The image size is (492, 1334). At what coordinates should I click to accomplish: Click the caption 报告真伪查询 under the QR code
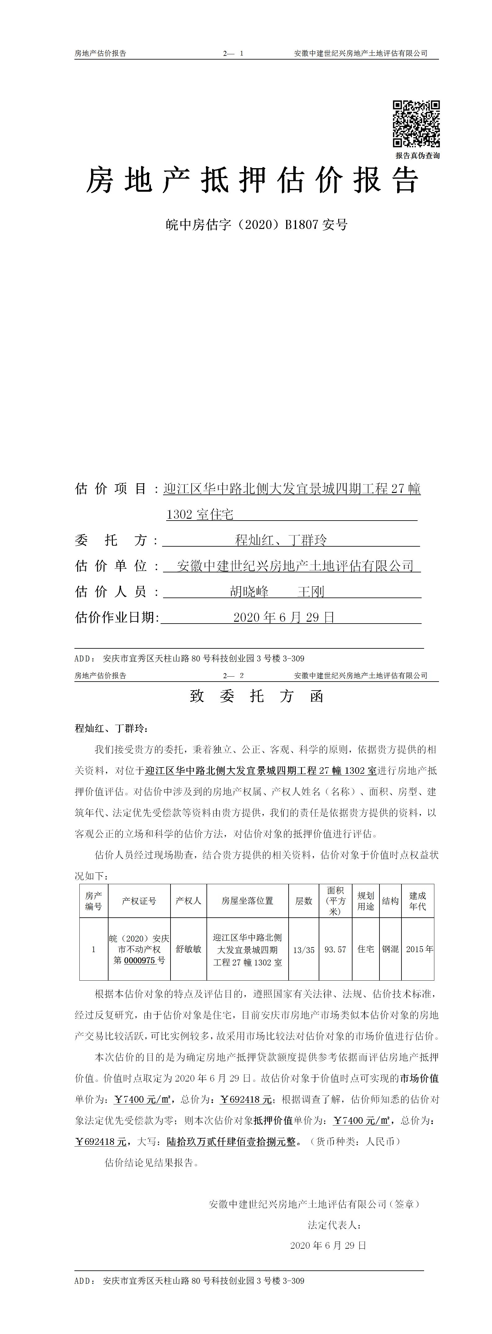point(418,155)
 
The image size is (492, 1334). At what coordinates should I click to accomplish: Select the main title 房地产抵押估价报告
point(252,180)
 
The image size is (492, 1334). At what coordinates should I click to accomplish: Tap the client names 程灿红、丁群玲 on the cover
point(281,540)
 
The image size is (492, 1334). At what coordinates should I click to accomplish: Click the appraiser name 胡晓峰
point(249,591)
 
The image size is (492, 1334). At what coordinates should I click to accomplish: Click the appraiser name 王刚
point(311,591)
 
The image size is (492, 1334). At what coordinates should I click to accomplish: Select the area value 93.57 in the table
point(335,950)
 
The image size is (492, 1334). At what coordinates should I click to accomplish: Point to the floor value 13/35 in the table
point(304,950)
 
